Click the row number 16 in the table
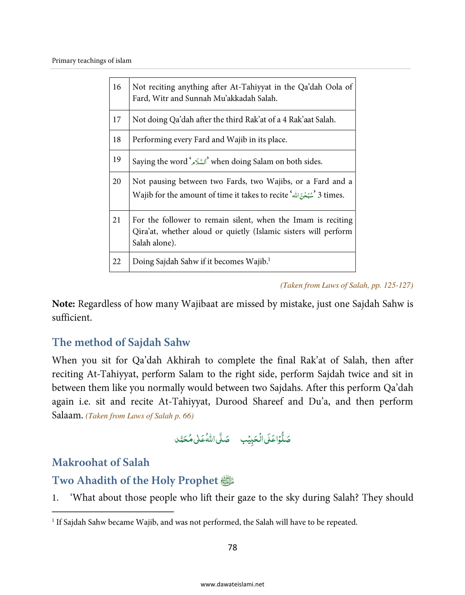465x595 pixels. pos(117,87)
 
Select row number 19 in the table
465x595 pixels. pos(117,159)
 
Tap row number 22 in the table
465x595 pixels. pos(117,261)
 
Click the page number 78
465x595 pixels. pos(232,547)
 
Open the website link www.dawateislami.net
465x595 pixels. pos(232,584)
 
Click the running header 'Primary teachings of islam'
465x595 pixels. pos(92,60)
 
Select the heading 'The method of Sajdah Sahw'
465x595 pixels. pos(121,342)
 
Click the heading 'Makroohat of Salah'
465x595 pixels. pos(101,462)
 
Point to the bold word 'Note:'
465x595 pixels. pos(63,304)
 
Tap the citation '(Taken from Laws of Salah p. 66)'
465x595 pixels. pos(139,416)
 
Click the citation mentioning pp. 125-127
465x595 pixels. pos(347,285)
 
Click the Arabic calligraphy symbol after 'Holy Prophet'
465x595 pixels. pos(227,481)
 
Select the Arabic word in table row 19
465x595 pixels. pos(199,161)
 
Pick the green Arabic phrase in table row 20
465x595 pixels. pos(303,195)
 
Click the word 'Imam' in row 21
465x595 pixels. pos(304,220)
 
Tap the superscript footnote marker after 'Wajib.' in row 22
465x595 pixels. pos(269,259)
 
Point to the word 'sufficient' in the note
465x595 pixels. pos(71,318)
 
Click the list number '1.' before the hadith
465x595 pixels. pos(55,498)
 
